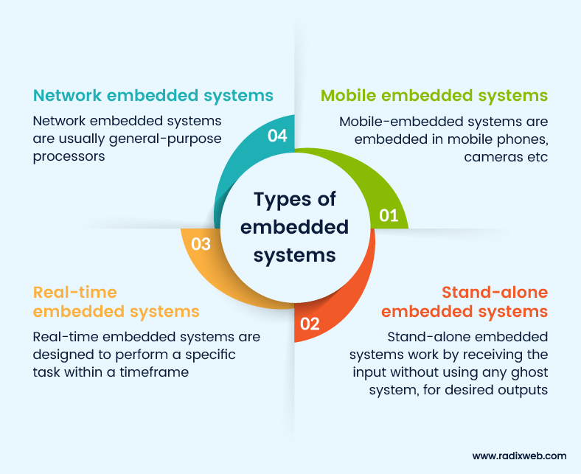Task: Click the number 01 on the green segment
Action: pyautogui.click(x=389, y=215)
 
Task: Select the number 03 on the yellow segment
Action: pyautogui.click(x=201, y=244)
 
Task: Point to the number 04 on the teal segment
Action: pyautogui.click(x=277, y=137)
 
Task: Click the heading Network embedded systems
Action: pyautogui.click(x=153, y=95)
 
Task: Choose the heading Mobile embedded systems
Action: pyautogui.click(x=434, y=95)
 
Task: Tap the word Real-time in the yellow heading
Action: pyautogui.click(x=75, y=292)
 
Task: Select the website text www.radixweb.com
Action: pyautogui.click(x=520, y=456)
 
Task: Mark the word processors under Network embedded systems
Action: pyautogui.click(x=69, y=157)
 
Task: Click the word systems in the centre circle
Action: pyautogui.click(x=295, y=255)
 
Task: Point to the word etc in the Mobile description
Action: pyautogui.click(x=537, y=157)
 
